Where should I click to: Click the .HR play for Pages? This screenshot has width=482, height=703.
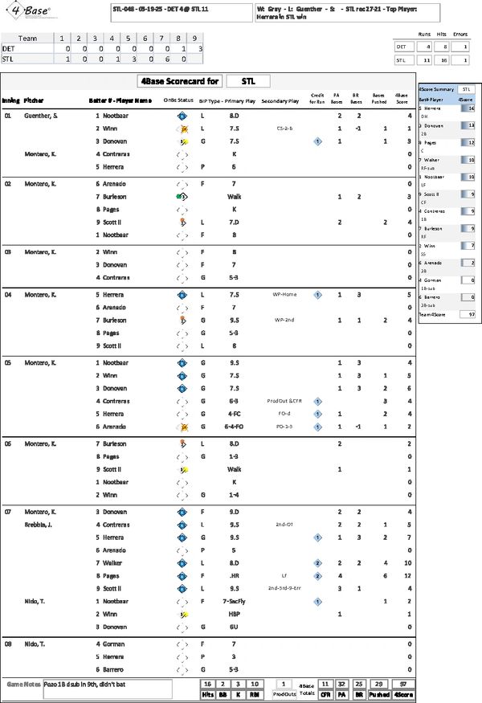235,575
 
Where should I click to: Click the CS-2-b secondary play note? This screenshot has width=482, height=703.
284,129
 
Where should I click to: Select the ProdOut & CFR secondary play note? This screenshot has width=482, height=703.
284,400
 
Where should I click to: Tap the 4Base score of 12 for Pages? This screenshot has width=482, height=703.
409,575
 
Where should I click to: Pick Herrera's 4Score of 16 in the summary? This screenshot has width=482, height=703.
471,107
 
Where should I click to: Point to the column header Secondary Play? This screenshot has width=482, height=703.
280,101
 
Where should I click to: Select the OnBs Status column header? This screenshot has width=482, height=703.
178,101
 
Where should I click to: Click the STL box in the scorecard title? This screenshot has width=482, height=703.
248,81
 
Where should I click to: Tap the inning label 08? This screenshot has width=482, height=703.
8,644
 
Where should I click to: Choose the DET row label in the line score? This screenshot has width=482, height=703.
9,48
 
